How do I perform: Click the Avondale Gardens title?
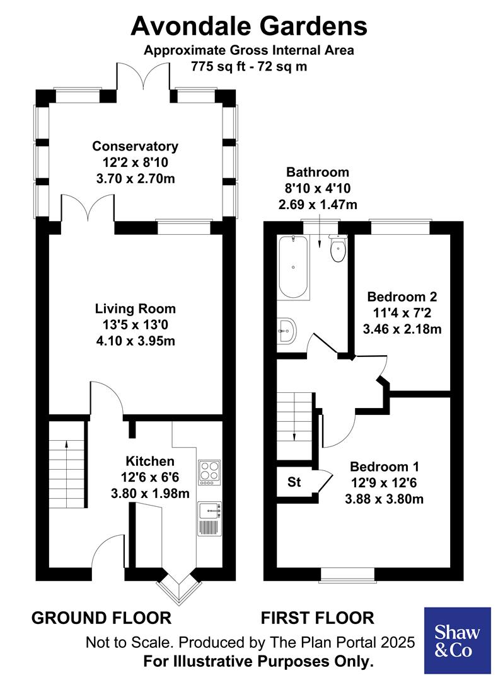click(249, 26)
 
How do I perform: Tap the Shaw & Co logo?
click(457, 640)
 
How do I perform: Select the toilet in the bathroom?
click(339, 248)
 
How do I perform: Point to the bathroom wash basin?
click(287, 329)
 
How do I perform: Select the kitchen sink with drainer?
click(208, 518)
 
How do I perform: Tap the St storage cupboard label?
click(294, 483)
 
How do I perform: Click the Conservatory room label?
click(135, 146)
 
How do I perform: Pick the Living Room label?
click(135, 309)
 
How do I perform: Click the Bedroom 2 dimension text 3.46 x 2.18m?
click(402, 327)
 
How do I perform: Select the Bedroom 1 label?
click(385, 467)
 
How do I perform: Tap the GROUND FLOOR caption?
click(101, 618)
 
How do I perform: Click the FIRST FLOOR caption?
click(318, 618)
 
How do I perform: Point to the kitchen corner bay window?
click(178, 590)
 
